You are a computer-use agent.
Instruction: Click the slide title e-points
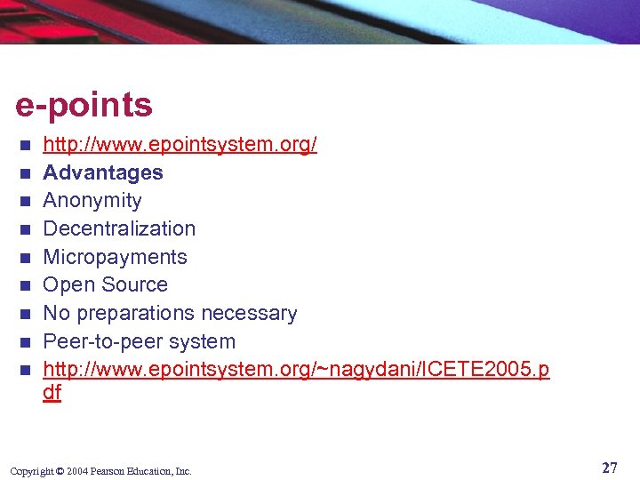(x=84, y=106)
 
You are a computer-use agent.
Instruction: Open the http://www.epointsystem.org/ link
(x=180, y=144)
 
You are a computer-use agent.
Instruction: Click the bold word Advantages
(x=103, y=172)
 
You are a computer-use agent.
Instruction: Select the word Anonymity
(x=92, y=201)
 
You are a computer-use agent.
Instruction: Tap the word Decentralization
(x=119, y=228)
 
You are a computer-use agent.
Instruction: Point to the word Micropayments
(x=115, y=257)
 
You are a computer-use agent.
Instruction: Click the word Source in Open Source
(x=136, y=285)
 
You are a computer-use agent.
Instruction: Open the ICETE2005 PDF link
(x=296, y=370)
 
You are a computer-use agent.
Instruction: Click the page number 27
(x=609, y=468)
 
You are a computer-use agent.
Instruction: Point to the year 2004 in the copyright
(x=76, y=471)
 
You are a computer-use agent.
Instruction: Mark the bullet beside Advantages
(x=27, y=172)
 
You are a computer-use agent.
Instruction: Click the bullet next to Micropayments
(x=27, y=258)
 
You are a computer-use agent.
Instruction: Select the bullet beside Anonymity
(x=27, y=201)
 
